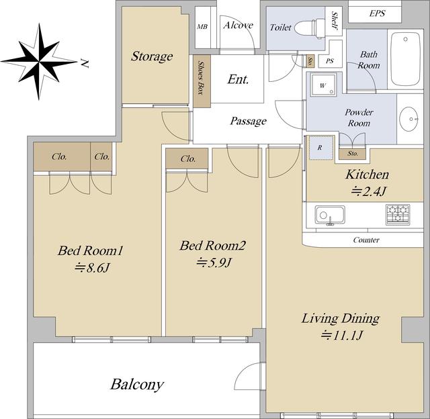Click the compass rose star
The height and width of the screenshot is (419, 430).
pyautogui.click(x=39, y=62)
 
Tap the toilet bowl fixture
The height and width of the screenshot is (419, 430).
pyautogui.click(x=310, y=28)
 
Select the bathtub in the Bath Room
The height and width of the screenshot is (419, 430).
pyautogui.click(x=405, y=59)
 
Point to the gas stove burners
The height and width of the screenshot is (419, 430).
pyautogui.click(x=398, y=215)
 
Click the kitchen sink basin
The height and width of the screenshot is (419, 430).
pyautogui.click(x=330, y=215)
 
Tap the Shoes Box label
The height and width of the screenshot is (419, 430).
pyautogui.click(x=202, y=78)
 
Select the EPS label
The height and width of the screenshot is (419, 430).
pyautogui.click(x=377, y=13)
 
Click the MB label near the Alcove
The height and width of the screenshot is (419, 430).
pyautogui.click(x=202, y=27)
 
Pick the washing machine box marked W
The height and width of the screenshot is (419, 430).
pyautogui.click(x=323, y=85)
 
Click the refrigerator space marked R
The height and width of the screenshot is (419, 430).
pyautogui.click(x=320, y=148)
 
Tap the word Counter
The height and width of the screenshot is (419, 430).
pyautogui.click(x=366, y=240)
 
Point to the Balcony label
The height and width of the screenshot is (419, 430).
pyautogui.click(x=137, y=384)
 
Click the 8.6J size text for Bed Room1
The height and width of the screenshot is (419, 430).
pyautogui.click(x=92, y=268)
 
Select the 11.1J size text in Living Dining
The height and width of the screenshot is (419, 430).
pyautogui.click(x=342, y=335)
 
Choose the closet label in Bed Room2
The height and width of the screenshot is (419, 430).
pyautogui.click(x=188, y=158)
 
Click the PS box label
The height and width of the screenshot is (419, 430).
pyautogui.click(x=330, y=61)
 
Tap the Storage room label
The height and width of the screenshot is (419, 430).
pyautogui.click(x=152, y=56)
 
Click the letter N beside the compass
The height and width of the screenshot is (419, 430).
pyautogui.click(x=85, y=63)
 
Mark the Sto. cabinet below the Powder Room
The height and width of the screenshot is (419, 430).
pyautogui.click(x=353, y=154)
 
